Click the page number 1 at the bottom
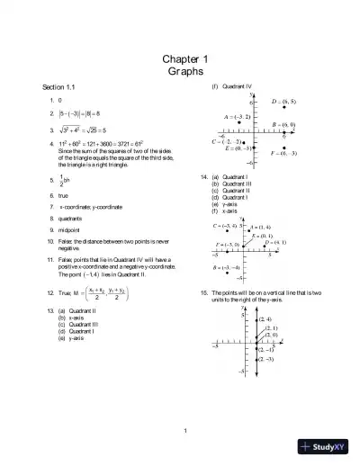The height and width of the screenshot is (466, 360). pyautogui.click(x=184, y=429)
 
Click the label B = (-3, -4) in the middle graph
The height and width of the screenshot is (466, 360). pyautogui.click(x=226, y=268)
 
